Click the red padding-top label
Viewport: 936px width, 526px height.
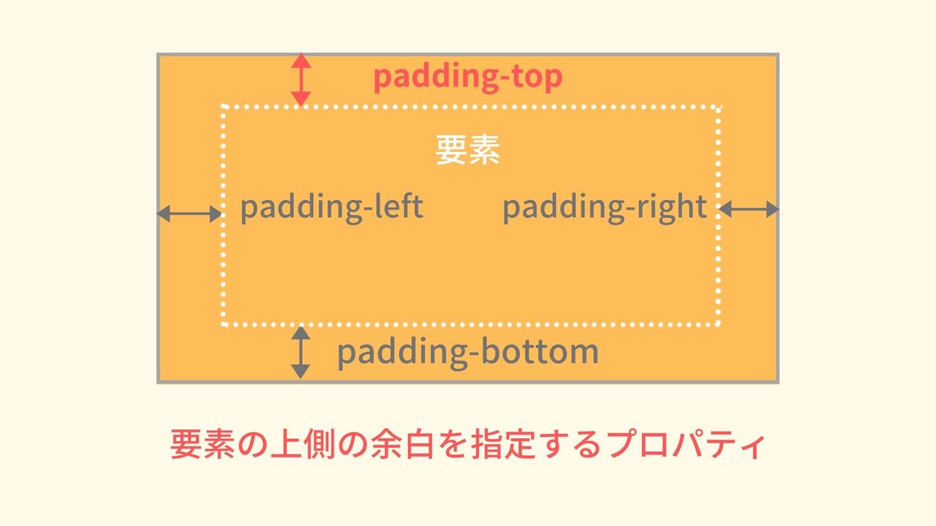coord(467,77)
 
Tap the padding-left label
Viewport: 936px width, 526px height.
coord(331,207)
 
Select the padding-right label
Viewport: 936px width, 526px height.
coord(604,207)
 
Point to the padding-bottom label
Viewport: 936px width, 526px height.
coord(467,352)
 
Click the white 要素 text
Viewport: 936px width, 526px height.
coord(467,150)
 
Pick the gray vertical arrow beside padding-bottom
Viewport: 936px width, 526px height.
coord(300,352)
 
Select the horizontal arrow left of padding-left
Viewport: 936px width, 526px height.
coord(189,213)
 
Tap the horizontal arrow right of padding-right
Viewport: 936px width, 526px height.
coord(749,210)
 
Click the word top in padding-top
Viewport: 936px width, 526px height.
coord(537,77)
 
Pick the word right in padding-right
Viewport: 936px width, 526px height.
coord(671,207)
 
